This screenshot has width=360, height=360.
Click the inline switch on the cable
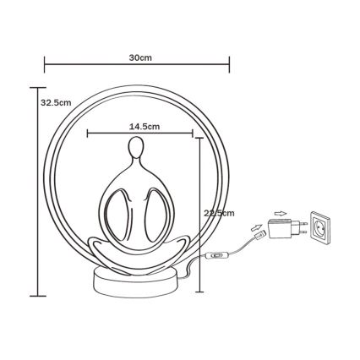221,255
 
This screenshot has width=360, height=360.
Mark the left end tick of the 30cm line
44,64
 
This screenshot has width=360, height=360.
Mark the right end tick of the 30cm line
230,64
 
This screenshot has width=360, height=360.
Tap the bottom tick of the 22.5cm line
199,295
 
